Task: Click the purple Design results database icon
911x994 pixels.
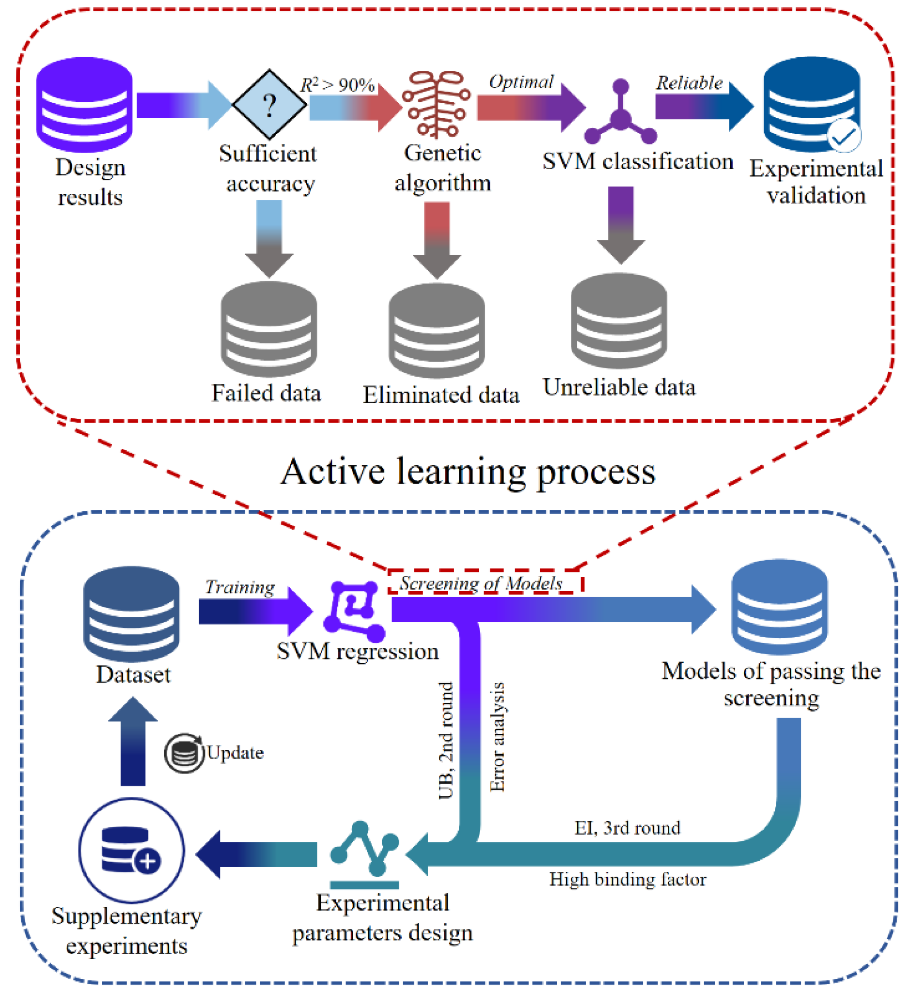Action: (x=84, y=105)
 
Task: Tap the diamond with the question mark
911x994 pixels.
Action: (x=269, y=104)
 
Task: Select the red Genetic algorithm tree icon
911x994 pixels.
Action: (x=436, y=104)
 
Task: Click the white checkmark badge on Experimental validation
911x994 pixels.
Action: (x=845, y=135)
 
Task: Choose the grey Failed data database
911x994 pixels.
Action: (x=269, y=329)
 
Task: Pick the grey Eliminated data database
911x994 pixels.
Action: (x=437, y=331)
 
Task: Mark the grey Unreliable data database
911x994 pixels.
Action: (x=619, y=321)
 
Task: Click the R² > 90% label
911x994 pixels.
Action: (x=338, y=85)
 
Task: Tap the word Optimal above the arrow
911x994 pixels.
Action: (x=521, y=82)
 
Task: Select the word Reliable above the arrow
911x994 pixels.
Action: (x=689, y=83)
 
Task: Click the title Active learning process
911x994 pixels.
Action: (x=468, y=472)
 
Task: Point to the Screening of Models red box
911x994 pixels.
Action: (x=486, y=582)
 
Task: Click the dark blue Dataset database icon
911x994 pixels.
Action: (x=132, y=615)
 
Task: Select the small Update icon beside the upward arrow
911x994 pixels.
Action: (x=184, y=754)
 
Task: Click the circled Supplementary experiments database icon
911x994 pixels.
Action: (x=132, y=851)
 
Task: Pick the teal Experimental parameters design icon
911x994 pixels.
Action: (x=365, y=855)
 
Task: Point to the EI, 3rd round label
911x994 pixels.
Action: (x=627, y=828)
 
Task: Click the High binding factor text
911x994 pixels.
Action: (x=628, y=880)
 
